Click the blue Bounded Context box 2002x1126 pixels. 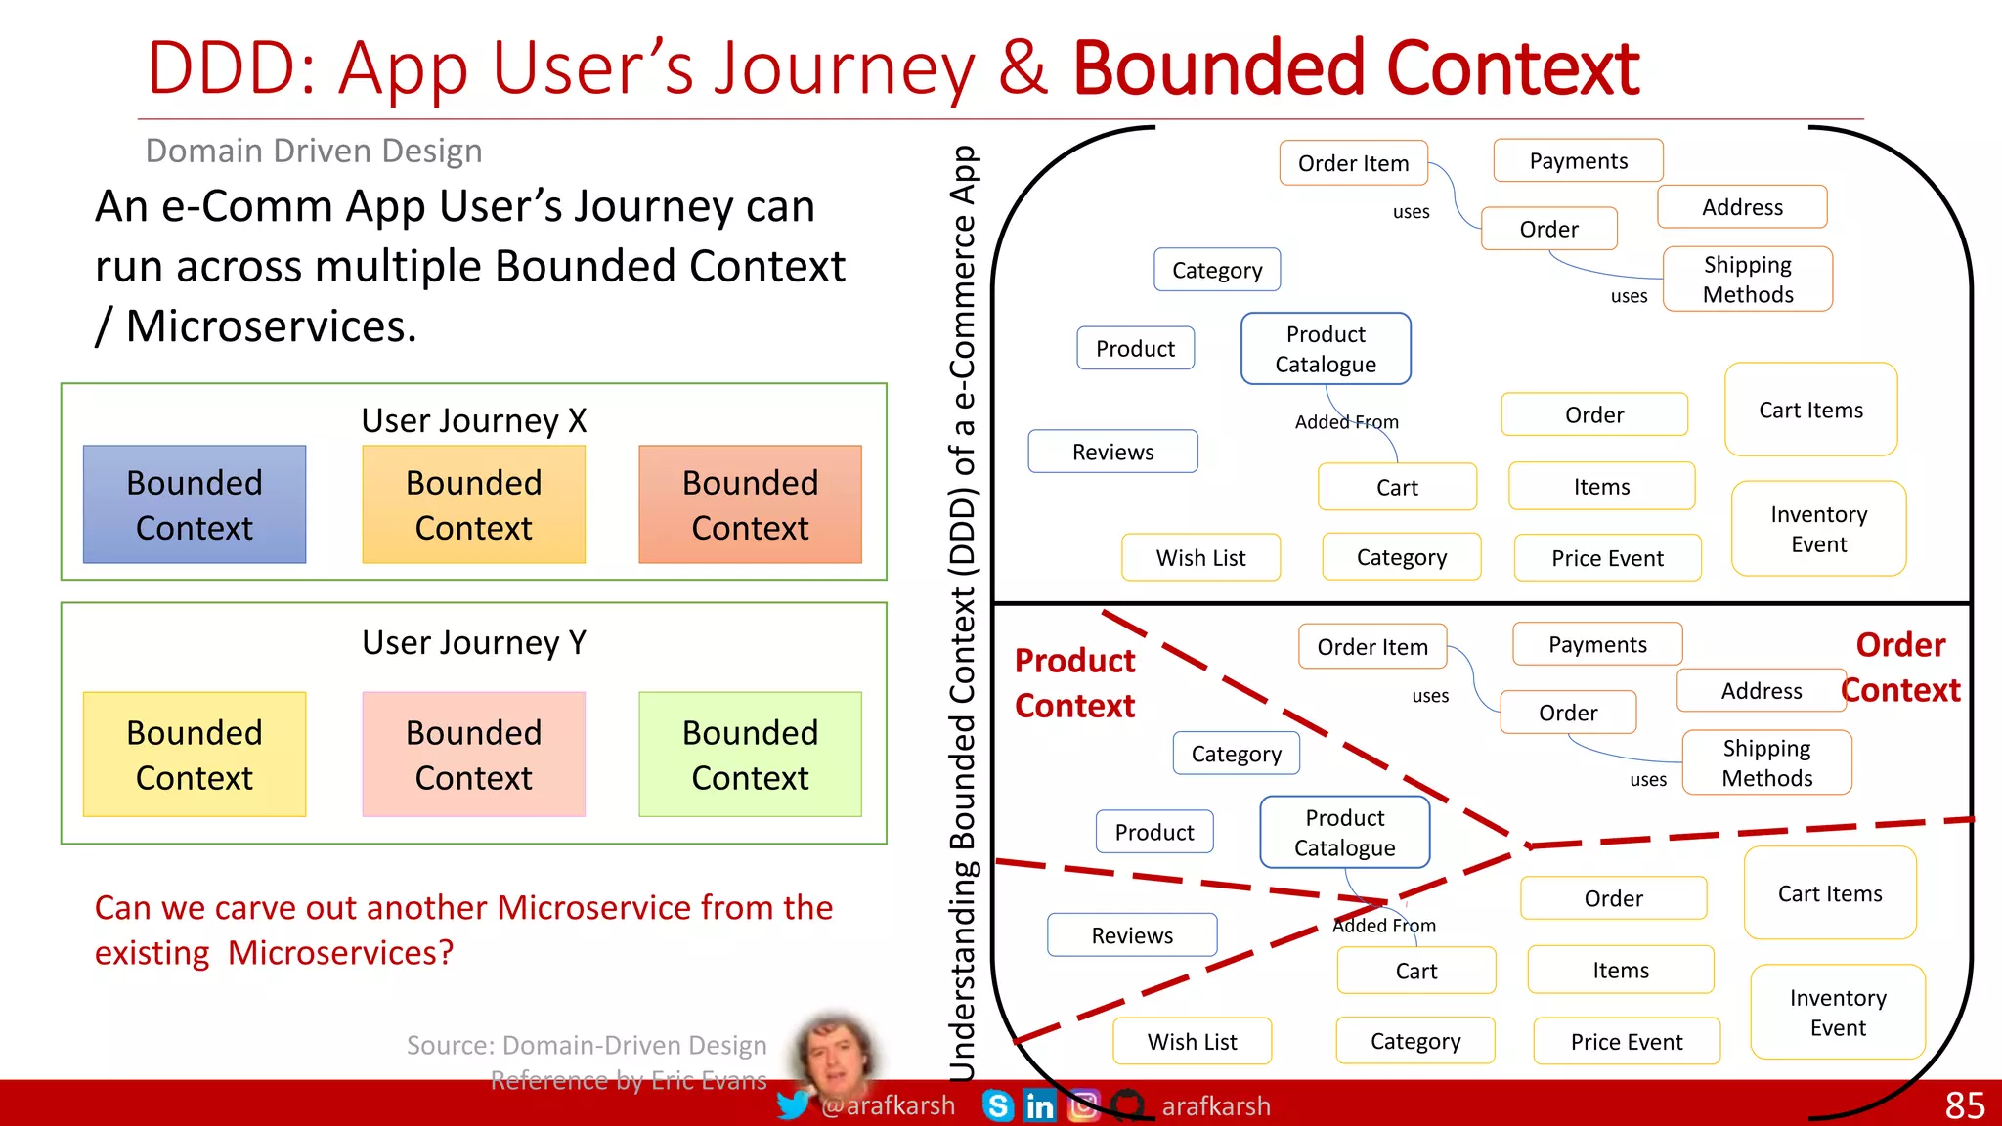195,504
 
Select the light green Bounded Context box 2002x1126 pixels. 750,755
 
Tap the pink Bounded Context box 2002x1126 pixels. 473,755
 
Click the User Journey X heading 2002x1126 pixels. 474,420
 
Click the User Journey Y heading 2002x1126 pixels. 474,642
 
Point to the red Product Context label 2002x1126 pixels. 1074,683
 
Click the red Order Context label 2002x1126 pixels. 1900,668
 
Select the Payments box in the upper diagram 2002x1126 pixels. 1578,161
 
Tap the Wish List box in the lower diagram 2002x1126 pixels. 1192,1042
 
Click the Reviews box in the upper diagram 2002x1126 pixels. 1112,452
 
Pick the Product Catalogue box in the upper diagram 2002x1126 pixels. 1326,349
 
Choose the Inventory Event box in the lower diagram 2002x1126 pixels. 1838,1013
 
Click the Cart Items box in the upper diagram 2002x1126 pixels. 1810,411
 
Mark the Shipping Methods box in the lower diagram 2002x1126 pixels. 1766,763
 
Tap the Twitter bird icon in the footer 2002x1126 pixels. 793,1105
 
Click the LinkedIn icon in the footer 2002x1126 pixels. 1039,1105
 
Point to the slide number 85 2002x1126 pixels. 1964,1105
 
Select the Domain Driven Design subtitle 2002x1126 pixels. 314,151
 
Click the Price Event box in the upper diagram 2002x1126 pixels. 1607,558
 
